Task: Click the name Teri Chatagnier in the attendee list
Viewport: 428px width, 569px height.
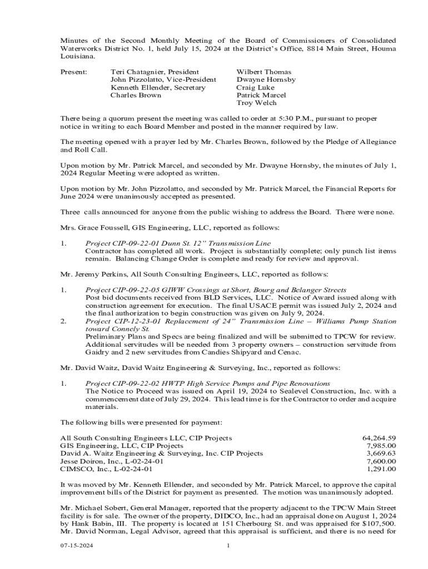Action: pyautogui.click(x=136, y=72)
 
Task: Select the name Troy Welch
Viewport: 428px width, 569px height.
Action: pyautogui.click(x=256, y=103)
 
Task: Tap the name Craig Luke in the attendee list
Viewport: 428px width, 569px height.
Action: pyautogui.click(x=255, y=88)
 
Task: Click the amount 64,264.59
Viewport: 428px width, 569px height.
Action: pyautogui.click(x=379, y=438)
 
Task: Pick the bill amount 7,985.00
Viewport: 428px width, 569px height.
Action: pyautogui.click(x=381, y=446)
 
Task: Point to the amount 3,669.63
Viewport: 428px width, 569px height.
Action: pyautogui.click(x=381, y=454)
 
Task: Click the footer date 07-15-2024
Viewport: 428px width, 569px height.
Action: pyautogui.click(x=77, y=546)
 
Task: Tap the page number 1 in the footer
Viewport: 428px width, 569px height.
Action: pyautogui.click(x=228, y=546)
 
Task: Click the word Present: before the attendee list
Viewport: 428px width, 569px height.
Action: pyautogui.click(x=73, y=72)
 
